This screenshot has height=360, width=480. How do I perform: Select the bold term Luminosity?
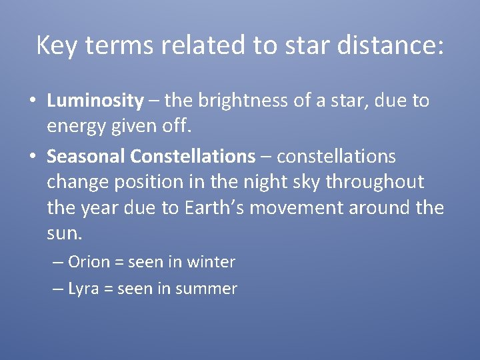95,101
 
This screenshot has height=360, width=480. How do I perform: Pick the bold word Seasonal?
86,157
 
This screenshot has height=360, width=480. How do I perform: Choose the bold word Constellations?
193,157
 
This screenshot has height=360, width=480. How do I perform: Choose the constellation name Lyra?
83,289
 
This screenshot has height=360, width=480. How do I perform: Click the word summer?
211,289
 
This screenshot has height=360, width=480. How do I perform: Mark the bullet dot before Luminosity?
32,102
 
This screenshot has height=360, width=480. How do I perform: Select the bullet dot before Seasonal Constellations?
32,157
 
